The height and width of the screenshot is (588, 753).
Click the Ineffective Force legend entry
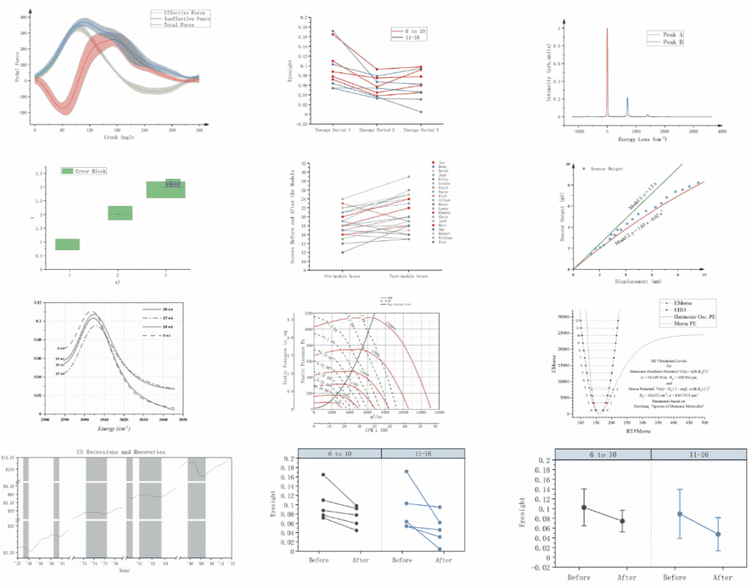pyautogui.click(x=180, y=18)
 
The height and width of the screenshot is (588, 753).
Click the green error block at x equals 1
pyautogui.click(x=67, y=244)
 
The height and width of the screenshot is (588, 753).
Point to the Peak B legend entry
pyautogui.click(x=673, y=42)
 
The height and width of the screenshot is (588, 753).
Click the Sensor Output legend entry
pyautogui.click(x=608, y=169)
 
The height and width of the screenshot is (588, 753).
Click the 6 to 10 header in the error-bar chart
pyautogui.click(x=600, y=455)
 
